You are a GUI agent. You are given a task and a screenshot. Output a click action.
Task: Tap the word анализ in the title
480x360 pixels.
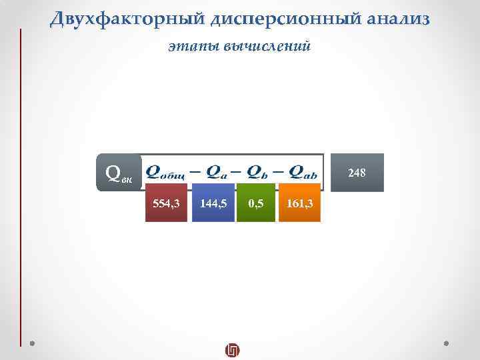click(x=399, y=19)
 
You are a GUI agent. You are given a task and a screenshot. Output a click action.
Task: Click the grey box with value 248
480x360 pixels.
click(x=357, y=173)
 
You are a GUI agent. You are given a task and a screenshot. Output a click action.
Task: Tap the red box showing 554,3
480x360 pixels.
click(x=166, y=204)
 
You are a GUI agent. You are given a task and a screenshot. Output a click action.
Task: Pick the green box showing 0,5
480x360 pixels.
click(x=255, y=204)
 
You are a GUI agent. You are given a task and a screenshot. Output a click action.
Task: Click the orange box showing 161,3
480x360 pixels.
click(x=299, y=204)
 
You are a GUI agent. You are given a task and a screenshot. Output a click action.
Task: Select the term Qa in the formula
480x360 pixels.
click(x=215, y=173)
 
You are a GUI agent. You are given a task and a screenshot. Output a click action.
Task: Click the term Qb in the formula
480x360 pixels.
click(x=257, y=173)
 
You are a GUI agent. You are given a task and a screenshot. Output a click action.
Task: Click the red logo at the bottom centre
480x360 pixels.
click(x=232, y=350)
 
